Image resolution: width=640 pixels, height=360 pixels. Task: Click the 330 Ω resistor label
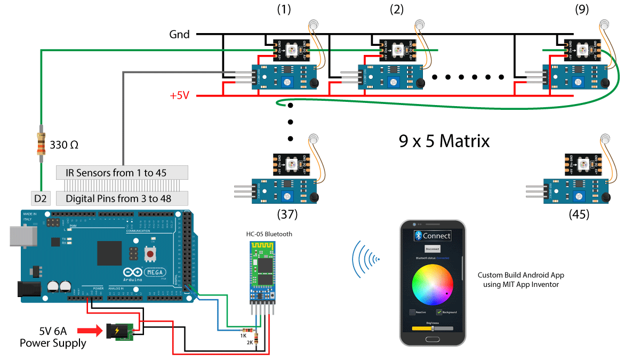click(65, 145)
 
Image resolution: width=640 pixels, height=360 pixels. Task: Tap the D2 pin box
click(41, 198)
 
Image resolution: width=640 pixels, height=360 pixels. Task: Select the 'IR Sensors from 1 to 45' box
click(122, 172)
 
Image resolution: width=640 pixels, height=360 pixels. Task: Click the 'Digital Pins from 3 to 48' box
click(122, 199)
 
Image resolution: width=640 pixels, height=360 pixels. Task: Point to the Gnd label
click(179, 35)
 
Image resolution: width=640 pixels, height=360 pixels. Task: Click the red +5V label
click(180, 96)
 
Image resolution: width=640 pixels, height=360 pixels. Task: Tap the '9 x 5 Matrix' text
click(444, 141)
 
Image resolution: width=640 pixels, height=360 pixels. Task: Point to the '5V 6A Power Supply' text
click(53, 337)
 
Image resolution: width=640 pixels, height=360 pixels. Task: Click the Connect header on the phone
click(433, 235)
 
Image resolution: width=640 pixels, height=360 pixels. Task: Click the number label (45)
click(579, 214)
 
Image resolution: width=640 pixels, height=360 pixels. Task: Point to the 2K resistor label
click(249, 343)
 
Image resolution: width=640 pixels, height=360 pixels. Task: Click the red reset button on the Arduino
click(151, 254)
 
